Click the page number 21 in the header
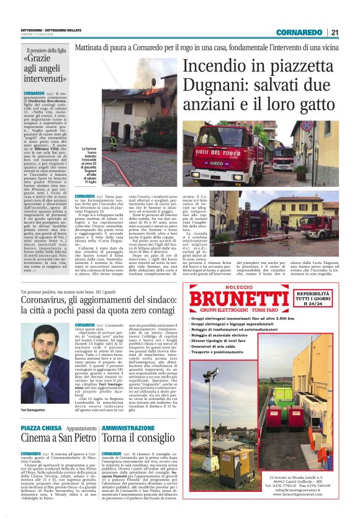tap(334, 32)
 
